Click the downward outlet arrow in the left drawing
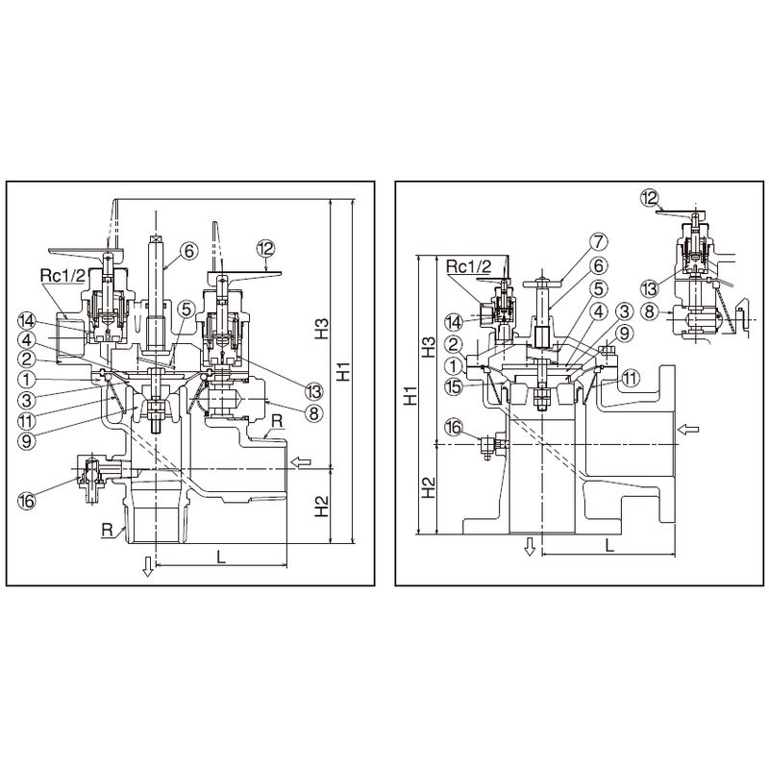pos(147,567)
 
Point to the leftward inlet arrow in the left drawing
pos(302,463)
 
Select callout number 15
pos(453,386)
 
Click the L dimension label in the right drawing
pos(611,544)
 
